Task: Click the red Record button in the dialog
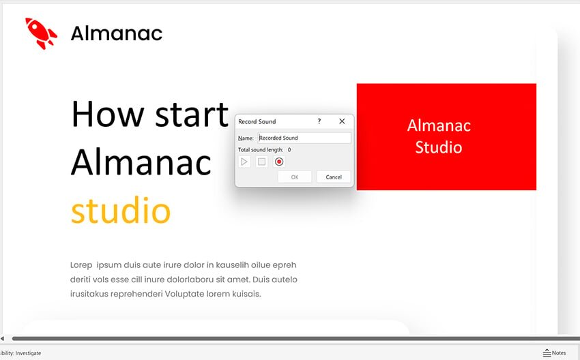click(x=279, y=162)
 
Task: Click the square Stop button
click(x=261, y=162)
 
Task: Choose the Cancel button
click(x=334, y=177)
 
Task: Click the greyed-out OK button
click(x=295, y=177)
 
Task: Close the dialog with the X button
click(x=342, y=121)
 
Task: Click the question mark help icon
click(x=319, y=121)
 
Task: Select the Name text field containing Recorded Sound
click(x=304, y=138)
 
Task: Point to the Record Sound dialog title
click(x=257, y=121)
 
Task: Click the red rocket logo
click(x=41, y=33)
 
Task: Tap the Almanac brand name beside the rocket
click(x=117, y=33)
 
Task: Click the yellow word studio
click(x=121, y=210)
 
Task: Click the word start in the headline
click(x=192, y=115)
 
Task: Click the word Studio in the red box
click(x=439, y=147)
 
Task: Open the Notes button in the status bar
click(x=555, y=353)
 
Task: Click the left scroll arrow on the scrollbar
click(x=3, y=338)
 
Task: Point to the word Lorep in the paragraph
click(x=81, y=265)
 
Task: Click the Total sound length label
click(x=261, y=150)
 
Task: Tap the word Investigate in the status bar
click(x=28, y=353)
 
